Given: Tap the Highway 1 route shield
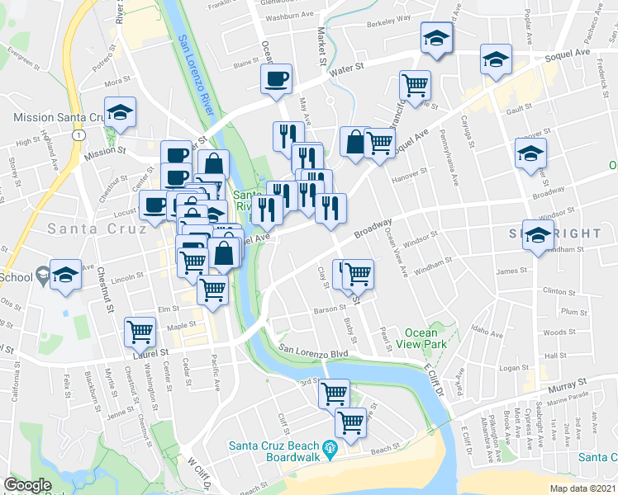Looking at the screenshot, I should coord(77,134).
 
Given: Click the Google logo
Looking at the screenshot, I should coord(27,485).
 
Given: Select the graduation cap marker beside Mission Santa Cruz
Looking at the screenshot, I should coord(121,114).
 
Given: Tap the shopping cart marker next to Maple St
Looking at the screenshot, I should coord(140,332).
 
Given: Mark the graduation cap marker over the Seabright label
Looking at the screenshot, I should coord(538,236).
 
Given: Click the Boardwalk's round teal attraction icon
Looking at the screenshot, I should coord(331,449).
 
